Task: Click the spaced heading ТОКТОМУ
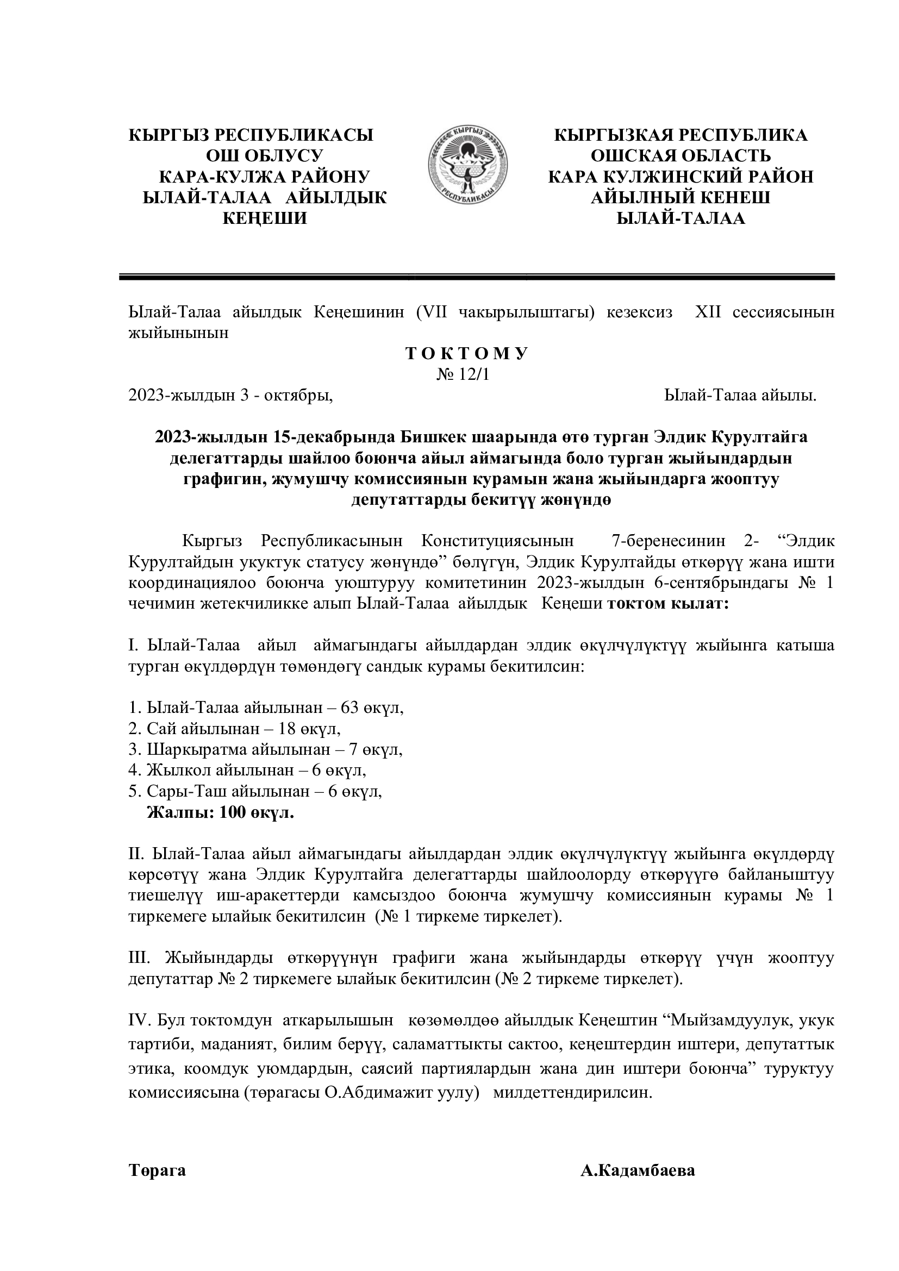(x=467, y=354)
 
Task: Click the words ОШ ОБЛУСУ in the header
(x=265, y=155)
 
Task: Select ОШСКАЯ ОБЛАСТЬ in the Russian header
(x=681, y=155)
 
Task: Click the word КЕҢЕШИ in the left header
(x=265, y=218)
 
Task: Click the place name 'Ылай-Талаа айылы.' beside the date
(x=740, y=396)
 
